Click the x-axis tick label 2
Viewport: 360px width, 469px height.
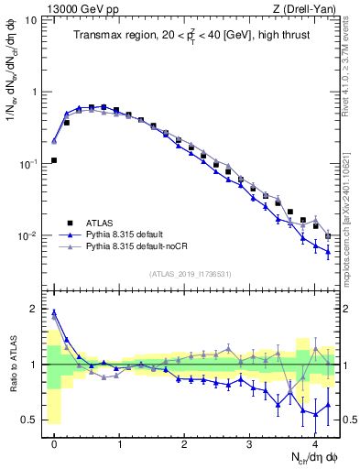point(184,443)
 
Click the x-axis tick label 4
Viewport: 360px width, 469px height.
point(314,443)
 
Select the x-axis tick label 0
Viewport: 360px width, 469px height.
point(54,443)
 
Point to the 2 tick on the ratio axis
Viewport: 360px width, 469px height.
point(36,309)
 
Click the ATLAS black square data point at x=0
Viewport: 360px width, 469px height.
point(54,159)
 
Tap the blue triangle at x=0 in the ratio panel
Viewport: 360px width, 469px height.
point(54,311)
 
